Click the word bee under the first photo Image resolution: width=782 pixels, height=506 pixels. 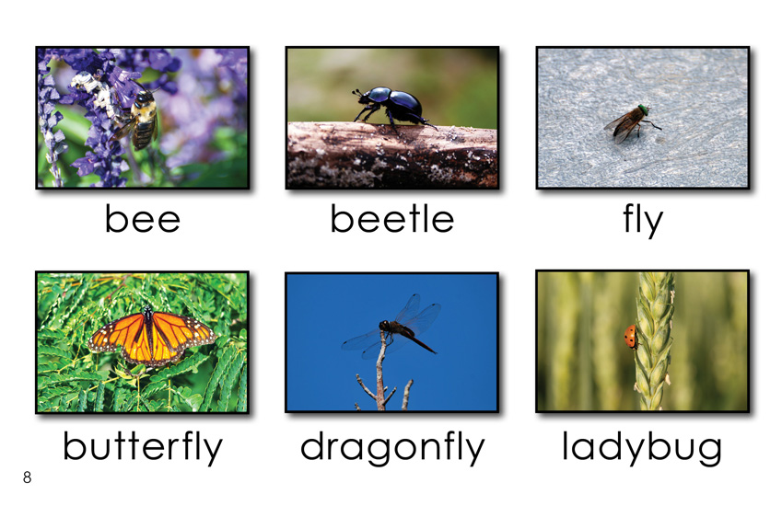[142, 219]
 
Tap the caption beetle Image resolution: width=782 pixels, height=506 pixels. [392, 219]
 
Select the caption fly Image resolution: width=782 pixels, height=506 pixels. [642, 221]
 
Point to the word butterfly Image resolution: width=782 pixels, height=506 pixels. [142, 447]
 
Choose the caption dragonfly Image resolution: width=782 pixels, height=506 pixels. [392, 448]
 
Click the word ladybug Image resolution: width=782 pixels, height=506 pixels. [642, 448]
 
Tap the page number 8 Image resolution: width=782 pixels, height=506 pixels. [27, 477]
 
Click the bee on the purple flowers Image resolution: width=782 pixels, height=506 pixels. [139, 120]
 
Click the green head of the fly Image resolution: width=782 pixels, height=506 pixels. [644, 109]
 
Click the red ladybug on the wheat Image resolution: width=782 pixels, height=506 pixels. [630, 337]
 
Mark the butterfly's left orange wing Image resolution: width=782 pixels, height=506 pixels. [118, 337]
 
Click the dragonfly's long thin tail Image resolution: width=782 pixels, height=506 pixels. [419, 341]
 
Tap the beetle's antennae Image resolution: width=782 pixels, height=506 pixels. [357, 93]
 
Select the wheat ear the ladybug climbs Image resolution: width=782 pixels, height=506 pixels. [653, 341]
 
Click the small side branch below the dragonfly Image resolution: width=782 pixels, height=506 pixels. [366, 387]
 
